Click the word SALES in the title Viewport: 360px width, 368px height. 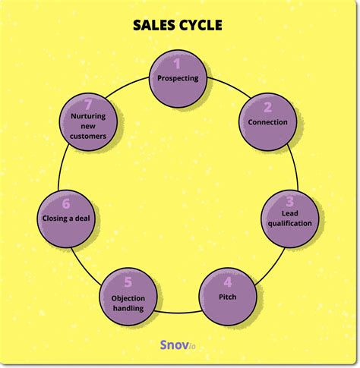tap(154, 25)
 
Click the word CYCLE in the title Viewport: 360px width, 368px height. tap(201, 25)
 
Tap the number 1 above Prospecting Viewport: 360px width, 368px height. tap(177, 64)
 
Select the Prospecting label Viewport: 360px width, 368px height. tap(178, 78)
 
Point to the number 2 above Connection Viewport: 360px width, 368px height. tap(267, 107)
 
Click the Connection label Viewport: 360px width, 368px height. tap(267, 122)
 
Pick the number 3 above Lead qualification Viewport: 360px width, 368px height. tap(290, 201)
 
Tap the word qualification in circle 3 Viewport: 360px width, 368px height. tap(290, 224)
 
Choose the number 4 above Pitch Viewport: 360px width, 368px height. tap(228, 282)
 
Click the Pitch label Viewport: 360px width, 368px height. tap(228, 297)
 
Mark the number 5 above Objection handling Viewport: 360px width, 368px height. tap(128, 282)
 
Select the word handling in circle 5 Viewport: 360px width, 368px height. tap(128, 308)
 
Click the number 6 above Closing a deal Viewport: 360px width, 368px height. tap(66, 204)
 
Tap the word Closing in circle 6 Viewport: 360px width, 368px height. tap(55, 219)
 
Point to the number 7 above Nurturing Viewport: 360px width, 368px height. tap(88, 105)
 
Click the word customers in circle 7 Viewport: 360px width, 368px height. tap(88, 137)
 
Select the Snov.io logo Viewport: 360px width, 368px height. tap(178, 344)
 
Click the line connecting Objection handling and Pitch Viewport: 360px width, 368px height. tap(178, 313)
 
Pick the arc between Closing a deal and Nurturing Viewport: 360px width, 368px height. tap(62, 167)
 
